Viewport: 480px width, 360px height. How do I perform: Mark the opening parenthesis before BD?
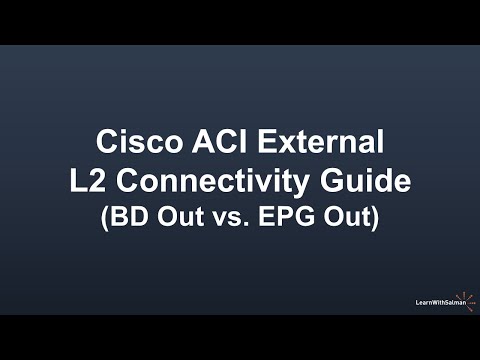[x=105, y=217]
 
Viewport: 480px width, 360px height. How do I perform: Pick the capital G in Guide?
[x=326, y=181]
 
